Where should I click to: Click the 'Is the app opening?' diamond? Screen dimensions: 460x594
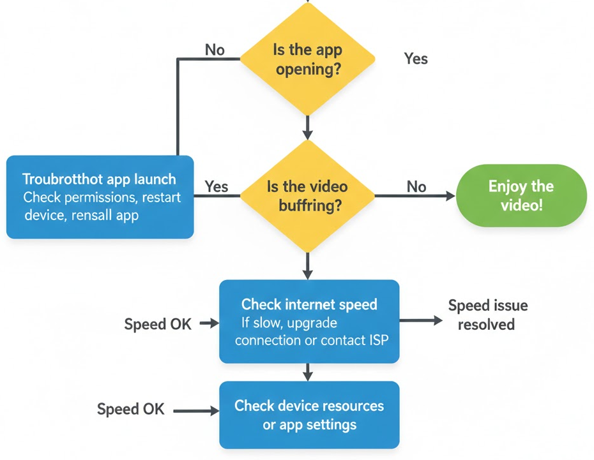tap(307, 59)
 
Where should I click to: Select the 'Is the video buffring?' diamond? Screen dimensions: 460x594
tap(307, 195)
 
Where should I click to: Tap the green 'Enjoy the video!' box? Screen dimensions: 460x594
tap(521, 195)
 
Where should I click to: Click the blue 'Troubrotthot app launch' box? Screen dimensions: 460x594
tap(100, 197)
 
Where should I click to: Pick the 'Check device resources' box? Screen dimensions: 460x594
tap(309, 415)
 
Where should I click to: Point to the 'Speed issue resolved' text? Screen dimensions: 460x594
tap(487, 315)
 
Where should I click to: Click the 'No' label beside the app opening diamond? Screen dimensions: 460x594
tap(215, 50)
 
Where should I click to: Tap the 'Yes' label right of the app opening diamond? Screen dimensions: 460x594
tap(416, 59)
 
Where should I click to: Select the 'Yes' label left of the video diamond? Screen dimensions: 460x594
tap(217, 186)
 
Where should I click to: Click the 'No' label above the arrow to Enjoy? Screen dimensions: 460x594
tap(416, 186)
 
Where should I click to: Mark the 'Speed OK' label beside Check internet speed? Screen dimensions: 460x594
tap(158, 323)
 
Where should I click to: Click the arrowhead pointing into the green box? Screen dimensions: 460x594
tap(450, 196)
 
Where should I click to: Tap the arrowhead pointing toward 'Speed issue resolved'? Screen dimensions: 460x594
tap(438, 320)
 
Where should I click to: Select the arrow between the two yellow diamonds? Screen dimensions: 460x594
tap(307, 128)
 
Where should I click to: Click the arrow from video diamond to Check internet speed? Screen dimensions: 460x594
tap(307, 265)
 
